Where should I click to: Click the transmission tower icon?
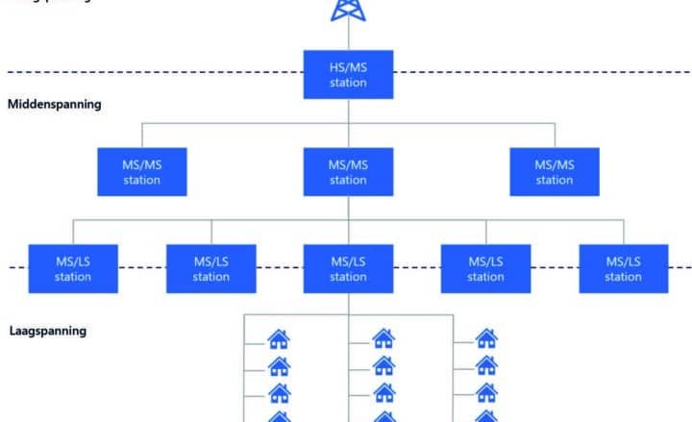tap(348, 10)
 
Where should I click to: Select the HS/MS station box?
tap(348, 75)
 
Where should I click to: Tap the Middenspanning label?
tap(54, 104)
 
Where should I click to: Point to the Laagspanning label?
tap(47, 331)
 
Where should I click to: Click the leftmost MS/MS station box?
tap(142, 172)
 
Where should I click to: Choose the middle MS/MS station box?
tap(348, 172)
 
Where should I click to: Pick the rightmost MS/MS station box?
tap(555, 172)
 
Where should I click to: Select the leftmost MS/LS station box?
tap(73, 268)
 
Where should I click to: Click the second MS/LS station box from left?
tap(211, 268)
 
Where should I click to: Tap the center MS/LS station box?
tap(348, 268)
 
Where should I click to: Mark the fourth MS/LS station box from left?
tap(485, 268)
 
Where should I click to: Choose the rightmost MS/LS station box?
tap(624, 268)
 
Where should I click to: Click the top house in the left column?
tap(279, 338)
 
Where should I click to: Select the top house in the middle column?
tap(383, 338)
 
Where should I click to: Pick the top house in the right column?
tap(487, 338)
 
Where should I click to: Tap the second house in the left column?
tap(279, 365)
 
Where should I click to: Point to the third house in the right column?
tap(487, 392)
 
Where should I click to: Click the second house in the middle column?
tap(383, 365)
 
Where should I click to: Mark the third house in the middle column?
tap(383, 392)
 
